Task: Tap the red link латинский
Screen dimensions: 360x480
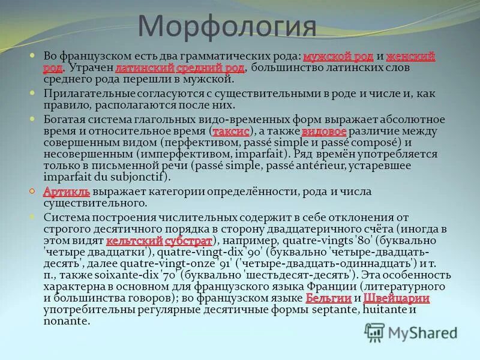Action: coord(145,68)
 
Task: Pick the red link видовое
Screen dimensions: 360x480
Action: coord(323,131)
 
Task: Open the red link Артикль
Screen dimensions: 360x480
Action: coord(67,192)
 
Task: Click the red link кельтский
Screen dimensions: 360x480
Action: coord(134,241)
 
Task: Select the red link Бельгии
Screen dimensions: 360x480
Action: coord(328,298)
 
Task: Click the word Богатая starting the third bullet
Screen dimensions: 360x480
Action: coord(63,119)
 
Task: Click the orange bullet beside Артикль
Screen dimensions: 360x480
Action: coord(33,191)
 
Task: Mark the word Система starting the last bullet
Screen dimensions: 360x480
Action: coord(64,217)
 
